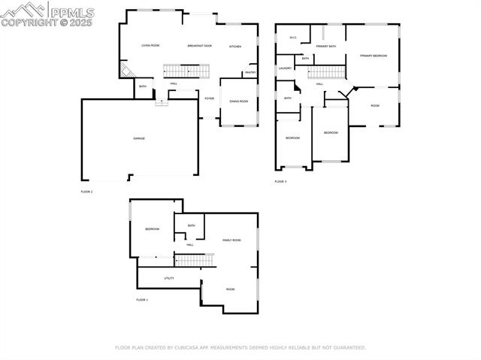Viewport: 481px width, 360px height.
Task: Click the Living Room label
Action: pos(150,46)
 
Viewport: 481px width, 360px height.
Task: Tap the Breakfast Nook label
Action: pos(199,46)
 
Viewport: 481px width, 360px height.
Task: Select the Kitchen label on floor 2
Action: pos(234,47)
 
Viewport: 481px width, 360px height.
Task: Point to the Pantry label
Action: pos(250,73)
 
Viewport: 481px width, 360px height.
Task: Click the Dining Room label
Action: pos(238,101)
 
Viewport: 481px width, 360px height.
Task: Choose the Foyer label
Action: pos(209,98)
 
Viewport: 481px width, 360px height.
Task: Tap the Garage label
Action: pos(139,138)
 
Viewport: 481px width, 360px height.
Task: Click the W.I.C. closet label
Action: pos(293,38)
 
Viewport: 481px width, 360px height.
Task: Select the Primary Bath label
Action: pos(326,47)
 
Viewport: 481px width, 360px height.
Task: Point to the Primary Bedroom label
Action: pos(373,56)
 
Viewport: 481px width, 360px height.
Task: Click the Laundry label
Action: pos(285,68)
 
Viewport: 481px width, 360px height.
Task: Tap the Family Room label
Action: pos(231,240)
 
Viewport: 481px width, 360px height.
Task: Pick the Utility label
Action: pos(169,278)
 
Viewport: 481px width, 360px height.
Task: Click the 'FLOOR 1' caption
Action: pos(142,300)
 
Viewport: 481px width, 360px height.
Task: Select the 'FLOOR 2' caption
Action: pos(86,192)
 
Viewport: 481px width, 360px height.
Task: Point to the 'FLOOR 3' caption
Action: pos(280,182)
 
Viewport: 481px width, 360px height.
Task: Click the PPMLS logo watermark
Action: pos(47,14)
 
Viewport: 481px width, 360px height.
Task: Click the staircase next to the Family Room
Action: pos(194,260)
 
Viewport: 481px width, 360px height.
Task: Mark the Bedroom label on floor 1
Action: pos(152,229)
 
